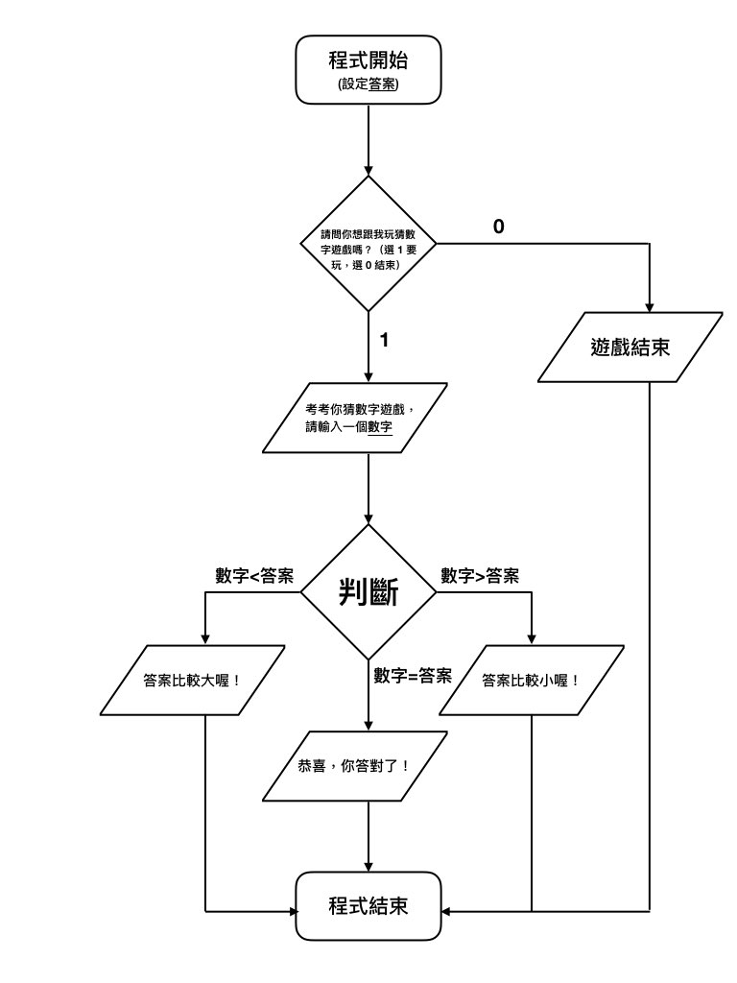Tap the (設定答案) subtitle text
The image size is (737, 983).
pyautogui.click(x=368, y=84)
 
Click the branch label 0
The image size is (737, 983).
pyautogui.click(x=498, y=227)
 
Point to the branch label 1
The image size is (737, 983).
pyautogui.click(x=384, y=340)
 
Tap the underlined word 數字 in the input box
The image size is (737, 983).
pyautogui.click(x=381, y=428)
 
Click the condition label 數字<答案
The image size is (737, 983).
pyautogui.click(x=254, y=576)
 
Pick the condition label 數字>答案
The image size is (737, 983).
pyautogui.click(x=480, y=576)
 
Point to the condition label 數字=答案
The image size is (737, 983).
pyautogui.click(x=413, y=674)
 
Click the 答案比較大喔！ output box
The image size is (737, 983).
pyautogui.click(x=193, y=680)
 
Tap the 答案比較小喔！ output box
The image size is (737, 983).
pyautogui.click(x=531, y=680)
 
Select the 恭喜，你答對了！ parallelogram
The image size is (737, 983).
pyautogui.click(x=356, y=766)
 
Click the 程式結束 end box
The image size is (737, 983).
pyautogui.click(x=368, y=905)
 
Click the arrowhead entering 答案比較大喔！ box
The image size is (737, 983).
pyautogui.click(x=205, y=640)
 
